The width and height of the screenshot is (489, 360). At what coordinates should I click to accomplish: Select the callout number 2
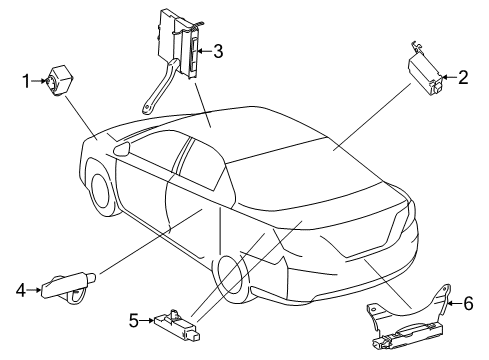[x=463, y=76]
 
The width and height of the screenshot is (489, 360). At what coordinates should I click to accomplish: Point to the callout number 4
[x=21, y=291]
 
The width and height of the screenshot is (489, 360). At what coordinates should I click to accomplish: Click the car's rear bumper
[x=330, y=290]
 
